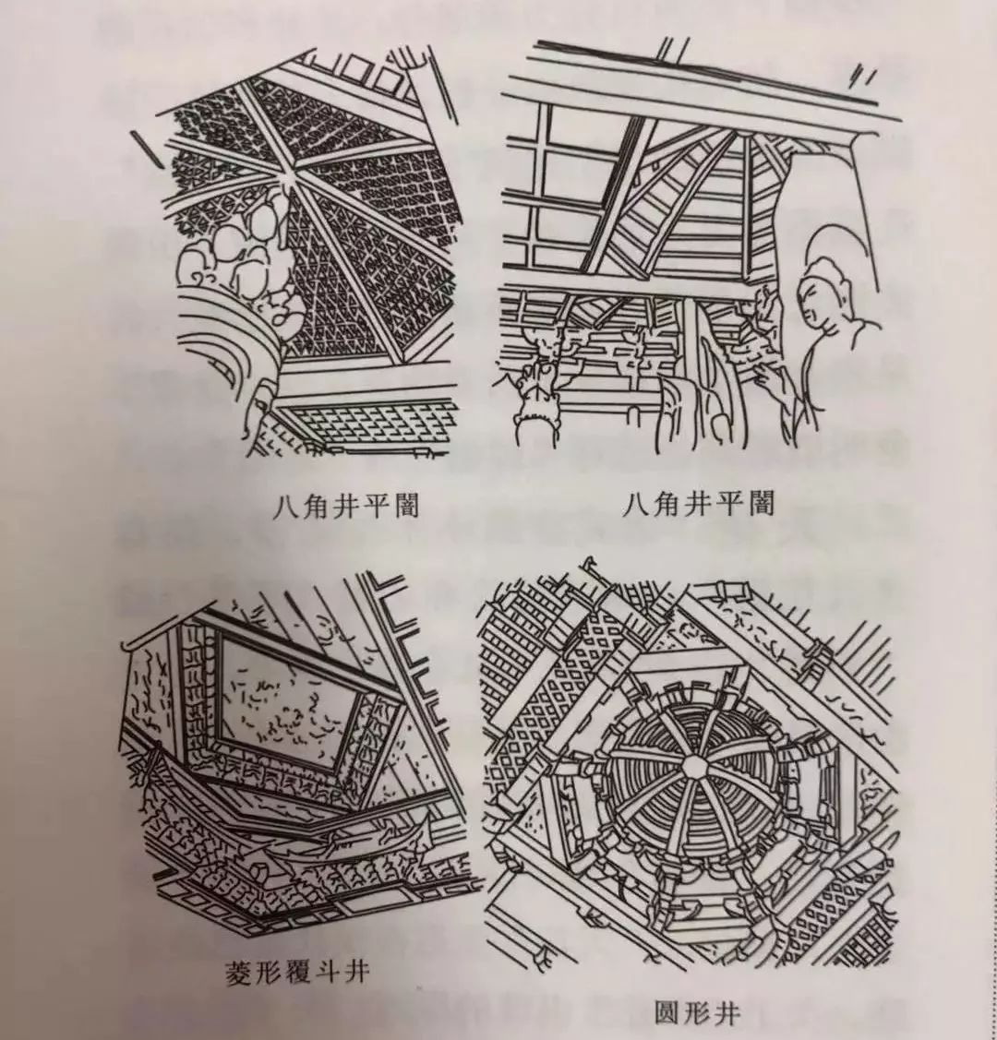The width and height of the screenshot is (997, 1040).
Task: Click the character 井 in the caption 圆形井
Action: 727,1012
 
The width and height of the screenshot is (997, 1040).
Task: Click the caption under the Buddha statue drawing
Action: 698,504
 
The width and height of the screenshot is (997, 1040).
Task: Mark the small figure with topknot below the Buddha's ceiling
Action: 534,411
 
